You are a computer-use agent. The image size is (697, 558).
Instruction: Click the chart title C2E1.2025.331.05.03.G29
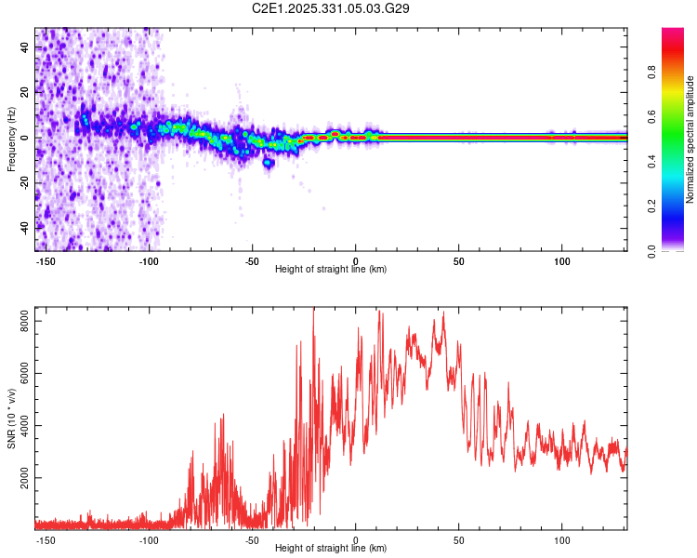point(331,8)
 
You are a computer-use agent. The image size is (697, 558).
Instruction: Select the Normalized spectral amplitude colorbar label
point(690,139)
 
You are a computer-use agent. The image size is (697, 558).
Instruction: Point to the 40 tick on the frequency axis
point(24,46)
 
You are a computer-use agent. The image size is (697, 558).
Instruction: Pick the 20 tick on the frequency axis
point(24,92)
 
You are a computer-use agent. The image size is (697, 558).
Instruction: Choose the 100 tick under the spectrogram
point(562,260)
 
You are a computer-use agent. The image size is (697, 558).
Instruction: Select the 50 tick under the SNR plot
point(458,539)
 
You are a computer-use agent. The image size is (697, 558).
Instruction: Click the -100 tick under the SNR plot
point(149,539)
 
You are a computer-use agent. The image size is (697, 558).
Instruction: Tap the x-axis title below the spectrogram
point(331,270)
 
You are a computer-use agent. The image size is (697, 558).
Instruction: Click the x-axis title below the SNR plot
point(331,549)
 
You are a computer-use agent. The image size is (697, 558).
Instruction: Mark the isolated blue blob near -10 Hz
point(269,163)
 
